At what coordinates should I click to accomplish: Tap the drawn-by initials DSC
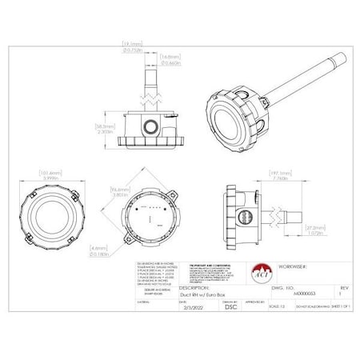[x=206, y=306]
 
